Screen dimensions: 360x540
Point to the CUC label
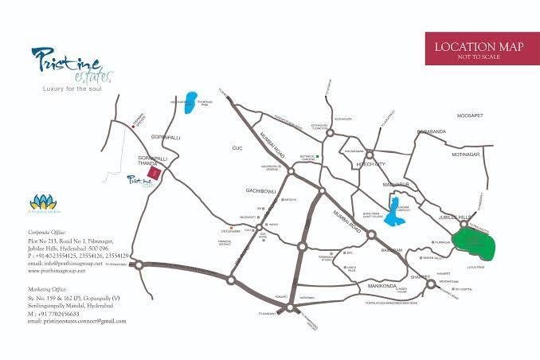point(236,148)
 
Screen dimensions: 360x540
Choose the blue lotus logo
point(41,203)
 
